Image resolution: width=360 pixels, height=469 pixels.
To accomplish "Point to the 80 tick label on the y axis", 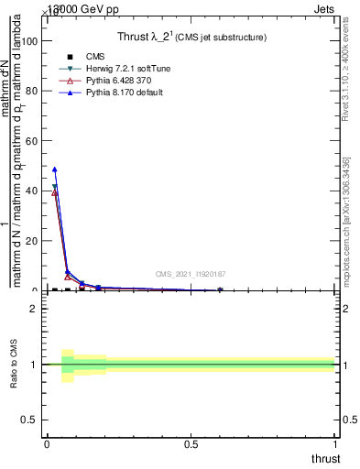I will coord(32,92).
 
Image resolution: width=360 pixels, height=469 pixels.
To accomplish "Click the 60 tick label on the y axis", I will coord(32,141).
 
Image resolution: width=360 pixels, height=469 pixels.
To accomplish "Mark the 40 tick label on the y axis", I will coord(32,191).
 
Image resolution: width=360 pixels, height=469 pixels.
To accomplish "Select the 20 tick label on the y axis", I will coord(32,241).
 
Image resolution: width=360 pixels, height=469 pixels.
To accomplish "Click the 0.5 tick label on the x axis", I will coord(191,444).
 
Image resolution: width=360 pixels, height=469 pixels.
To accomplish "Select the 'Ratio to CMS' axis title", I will coord(15,364).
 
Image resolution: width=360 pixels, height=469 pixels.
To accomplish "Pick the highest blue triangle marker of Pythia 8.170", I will coord(55,169).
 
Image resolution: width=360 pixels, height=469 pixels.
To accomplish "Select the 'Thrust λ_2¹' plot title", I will coord(191,38).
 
